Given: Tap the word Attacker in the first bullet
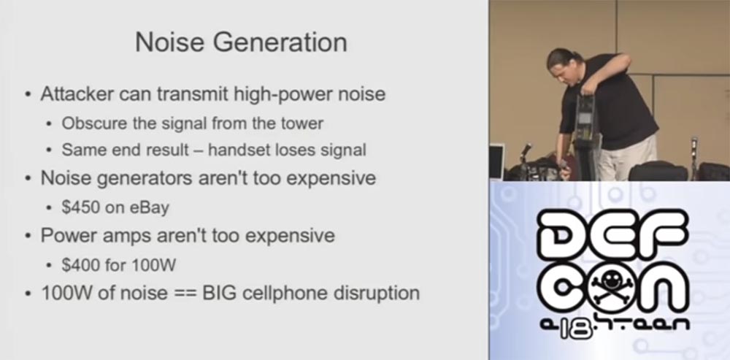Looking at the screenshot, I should (x=76, y=94).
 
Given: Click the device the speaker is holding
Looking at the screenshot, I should (x=584, y=131).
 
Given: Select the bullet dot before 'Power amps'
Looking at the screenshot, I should (x=27, y=237).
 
